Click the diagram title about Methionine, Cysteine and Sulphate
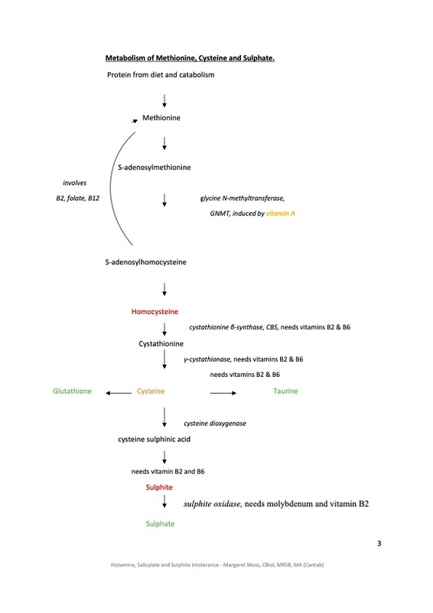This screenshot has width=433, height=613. [190, 58]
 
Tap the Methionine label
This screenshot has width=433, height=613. [161, 118]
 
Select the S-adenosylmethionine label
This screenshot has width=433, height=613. [155, 167]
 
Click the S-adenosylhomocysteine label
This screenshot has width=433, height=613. [145, 262]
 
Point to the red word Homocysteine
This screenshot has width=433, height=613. [155, 312]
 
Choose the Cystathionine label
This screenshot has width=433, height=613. [161, 343]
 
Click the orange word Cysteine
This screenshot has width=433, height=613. [151, 391]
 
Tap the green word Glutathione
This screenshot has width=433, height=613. [72, 391]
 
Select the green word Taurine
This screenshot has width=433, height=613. [285, 391]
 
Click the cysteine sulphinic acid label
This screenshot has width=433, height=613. [155, 439]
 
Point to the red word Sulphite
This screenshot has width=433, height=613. [159, 487]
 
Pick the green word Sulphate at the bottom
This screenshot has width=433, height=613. [160, 524]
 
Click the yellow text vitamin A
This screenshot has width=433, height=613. [280, 214]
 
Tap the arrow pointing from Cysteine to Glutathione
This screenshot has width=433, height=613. [119, 393]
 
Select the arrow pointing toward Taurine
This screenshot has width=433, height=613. [223, 393]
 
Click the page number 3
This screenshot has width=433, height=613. [379, 543]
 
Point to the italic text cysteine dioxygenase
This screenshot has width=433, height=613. [215, 424]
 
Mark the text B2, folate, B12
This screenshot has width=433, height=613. [78, 198]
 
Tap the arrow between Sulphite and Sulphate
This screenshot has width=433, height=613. [164, 501]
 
